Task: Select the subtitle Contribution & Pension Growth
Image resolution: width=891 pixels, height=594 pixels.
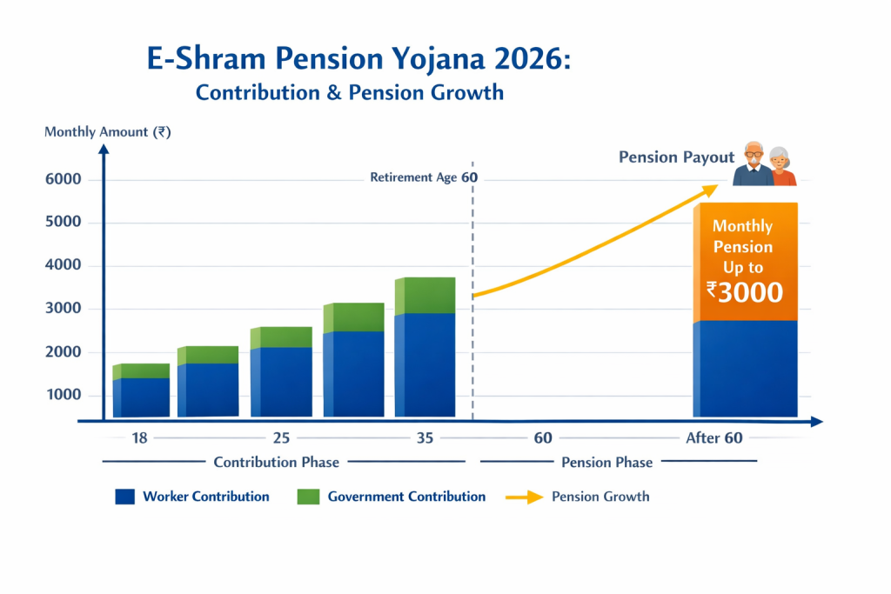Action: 350,91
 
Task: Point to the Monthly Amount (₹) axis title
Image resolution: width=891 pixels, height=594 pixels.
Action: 107,132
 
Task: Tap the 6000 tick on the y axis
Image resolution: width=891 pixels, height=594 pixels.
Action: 64,180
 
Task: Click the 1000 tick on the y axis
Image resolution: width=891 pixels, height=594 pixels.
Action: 64,395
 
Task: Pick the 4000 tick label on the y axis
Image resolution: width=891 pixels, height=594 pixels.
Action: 64,265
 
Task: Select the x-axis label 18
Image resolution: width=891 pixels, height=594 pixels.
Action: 139,437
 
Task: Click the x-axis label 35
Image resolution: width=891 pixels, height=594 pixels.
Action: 425,437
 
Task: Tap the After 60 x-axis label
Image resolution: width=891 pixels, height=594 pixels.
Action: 713,437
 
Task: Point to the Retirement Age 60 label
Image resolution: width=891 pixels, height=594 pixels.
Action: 424,177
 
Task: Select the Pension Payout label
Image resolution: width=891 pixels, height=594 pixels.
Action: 676,157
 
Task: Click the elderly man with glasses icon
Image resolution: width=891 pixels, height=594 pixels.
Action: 753,164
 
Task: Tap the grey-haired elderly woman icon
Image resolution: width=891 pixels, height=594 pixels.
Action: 782,166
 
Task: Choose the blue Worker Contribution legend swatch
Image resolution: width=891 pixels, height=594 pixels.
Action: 124,497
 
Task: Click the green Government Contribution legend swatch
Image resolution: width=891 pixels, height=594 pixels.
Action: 308,497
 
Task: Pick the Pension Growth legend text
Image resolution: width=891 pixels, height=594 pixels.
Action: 600,497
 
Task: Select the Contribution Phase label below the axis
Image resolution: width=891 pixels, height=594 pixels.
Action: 276,462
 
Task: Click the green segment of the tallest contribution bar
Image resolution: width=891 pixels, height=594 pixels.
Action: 425,295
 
